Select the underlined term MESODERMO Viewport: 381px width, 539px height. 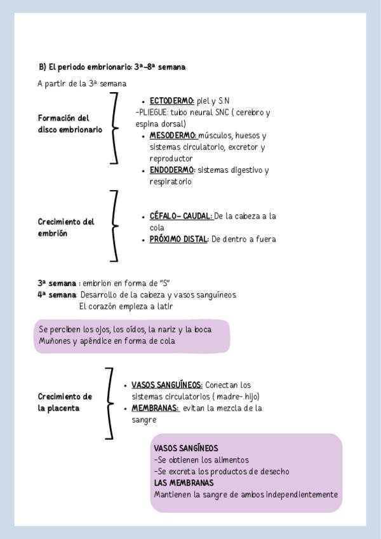point(173,135)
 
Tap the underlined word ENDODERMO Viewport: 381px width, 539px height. point(171,170)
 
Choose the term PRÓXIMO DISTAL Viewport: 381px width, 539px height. point(178,240)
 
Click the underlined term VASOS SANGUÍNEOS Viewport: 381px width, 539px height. point(167,385)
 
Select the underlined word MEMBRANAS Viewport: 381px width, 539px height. point(155,408)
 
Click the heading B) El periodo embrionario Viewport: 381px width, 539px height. point(112,67)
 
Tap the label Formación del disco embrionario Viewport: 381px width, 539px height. point(69,124)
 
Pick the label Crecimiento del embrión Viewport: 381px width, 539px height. point(65,228)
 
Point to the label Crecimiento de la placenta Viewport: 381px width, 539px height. point(64,402)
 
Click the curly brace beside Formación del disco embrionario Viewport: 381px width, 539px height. point(114,128)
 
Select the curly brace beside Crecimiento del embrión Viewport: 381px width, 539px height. point(114,226)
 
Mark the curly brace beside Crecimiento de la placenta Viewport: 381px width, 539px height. point(110,403)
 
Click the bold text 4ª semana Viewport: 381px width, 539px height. point(57,295)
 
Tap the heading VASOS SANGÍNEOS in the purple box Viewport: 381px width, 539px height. point(185,448)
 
